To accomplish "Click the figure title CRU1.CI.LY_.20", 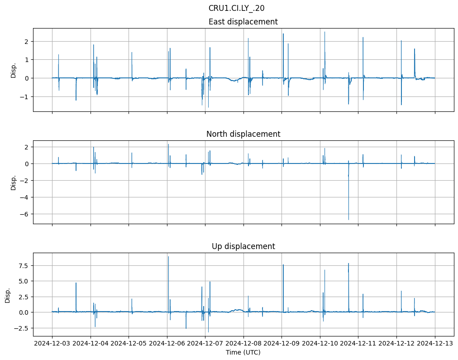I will [236, 8].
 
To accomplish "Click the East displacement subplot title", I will [243, 22].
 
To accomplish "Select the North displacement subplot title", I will [243, 134].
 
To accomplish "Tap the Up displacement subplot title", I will [243, 246].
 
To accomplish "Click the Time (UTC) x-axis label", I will [243, 352].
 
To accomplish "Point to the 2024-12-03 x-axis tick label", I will [52, 344].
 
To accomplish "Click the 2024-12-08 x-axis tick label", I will [243, 344].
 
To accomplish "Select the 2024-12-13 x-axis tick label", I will [435, 344].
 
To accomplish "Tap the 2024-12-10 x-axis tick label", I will [320, 344].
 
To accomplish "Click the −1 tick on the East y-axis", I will [25, 97].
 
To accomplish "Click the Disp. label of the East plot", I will [14, 70].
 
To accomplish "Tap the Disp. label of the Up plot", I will [8, 295].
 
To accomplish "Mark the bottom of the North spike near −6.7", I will [348, 220].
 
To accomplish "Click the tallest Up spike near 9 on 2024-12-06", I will [168, 257].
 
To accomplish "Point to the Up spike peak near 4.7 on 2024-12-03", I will [76, 283].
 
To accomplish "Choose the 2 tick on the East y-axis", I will [27, 41].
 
